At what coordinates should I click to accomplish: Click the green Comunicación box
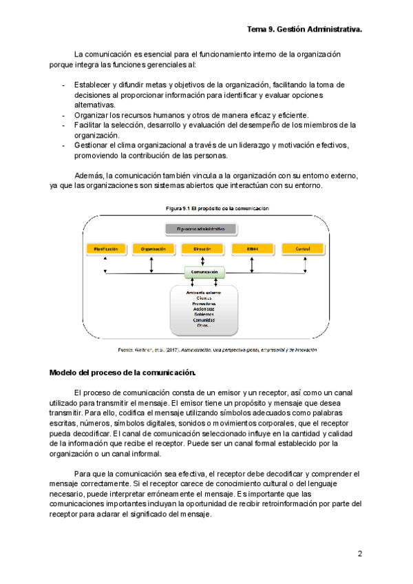204,273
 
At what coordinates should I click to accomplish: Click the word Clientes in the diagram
204,298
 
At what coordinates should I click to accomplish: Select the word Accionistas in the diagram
204,309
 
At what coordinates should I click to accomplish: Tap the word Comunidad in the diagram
204,320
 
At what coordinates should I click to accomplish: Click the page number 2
359,554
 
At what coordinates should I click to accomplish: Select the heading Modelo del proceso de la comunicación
123,373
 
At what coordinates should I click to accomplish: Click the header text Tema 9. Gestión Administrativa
304,30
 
